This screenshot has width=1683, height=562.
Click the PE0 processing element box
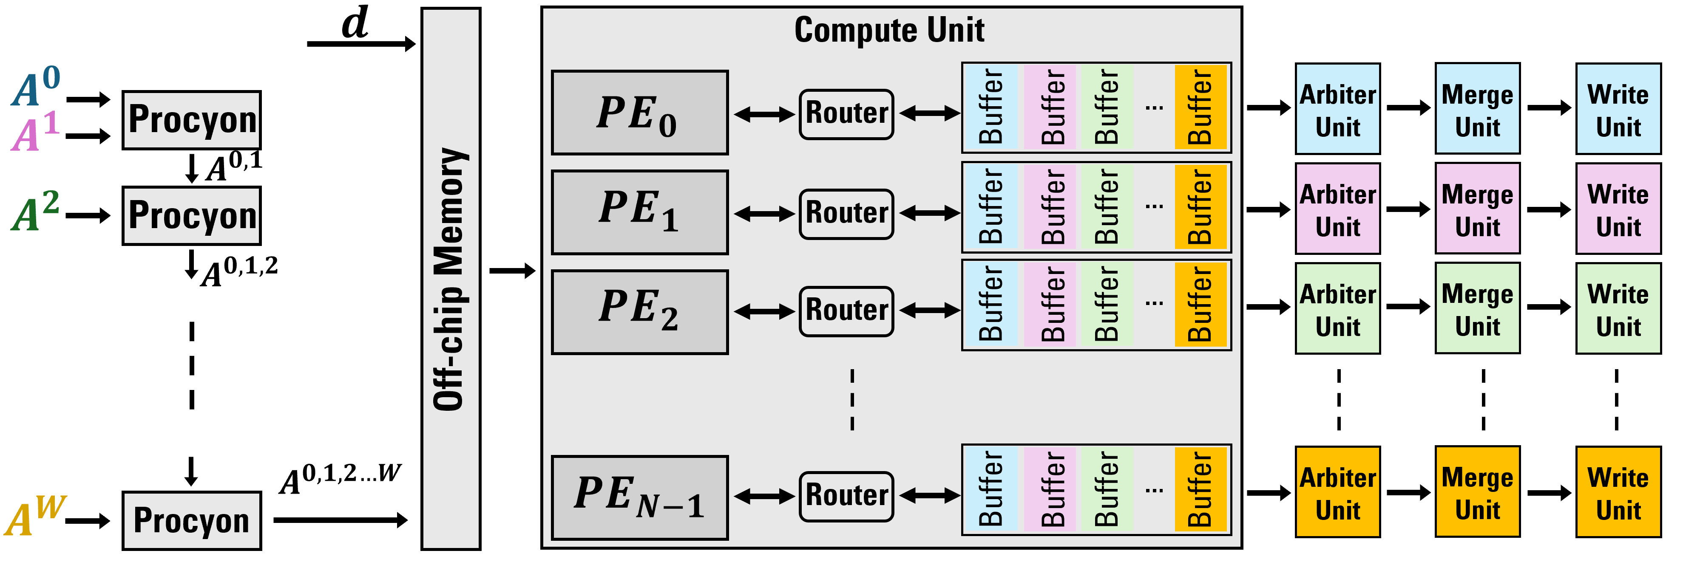point(640,112)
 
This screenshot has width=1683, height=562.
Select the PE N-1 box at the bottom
point(640,498)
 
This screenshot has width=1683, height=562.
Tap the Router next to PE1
point(846,213)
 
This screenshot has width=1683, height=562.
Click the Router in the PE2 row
point(846,311)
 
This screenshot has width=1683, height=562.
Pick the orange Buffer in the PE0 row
point(1200,107)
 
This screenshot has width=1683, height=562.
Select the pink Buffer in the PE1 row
point(1050,207)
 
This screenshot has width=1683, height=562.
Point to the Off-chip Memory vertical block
point(451,279)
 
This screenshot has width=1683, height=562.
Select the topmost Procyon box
point(191,120)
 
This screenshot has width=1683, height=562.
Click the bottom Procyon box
point(191,521)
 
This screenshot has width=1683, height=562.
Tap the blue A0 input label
point(36,87)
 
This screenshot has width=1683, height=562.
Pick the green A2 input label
point(36,211)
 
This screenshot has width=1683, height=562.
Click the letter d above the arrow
point(355,23)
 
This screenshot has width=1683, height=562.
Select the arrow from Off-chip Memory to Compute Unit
point(512,270)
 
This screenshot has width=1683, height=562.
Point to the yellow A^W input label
point(34,515)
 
